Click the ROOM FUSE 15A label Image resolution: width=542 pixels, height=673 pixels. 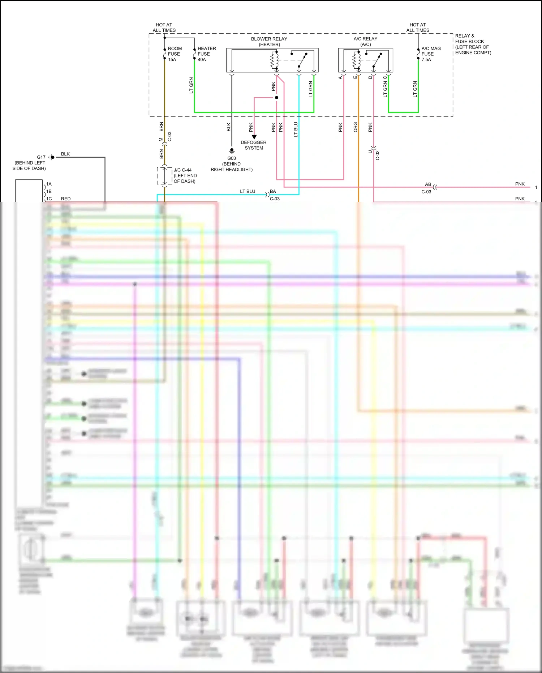175,54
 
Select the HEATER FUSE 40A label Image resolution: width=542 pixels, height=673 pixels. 206,54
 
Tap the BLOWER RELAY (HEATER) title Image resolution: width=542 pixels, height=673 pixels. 269,42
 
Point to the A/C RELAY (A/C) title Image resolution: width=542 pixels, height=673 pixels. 365,42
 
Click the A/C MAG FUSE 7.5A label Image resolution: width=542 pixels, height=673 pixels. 431,54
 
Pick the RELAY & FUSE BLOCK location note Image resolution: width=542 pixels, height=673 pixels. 473,44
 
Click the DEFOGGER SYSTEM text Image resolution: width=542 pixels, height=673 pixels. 254,145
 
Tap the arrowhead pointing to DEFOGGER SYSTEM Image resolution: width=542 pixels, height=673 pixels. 254,137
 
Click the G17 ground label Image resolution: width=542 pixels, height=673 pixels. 41,157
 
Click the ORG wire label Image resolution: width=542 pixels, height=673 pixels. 356,127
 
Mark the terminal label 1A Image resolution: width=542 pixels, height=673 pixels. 49,184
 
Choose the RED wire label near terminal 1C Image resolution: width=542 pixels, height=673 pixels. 66,199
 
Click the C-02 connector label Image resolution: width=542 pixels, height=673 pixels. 378,155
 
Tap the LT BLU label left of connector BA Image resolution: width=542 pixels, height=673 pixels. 248,191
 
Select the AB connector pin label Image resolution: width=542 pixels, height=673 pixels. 428,184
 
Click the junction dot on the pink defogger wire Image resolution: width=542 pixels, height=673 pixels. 276,98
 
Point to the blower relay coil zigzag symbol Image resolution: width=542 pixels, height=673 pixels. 274,60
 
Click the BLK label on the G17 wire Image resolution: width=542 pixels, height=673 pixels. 65,154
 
